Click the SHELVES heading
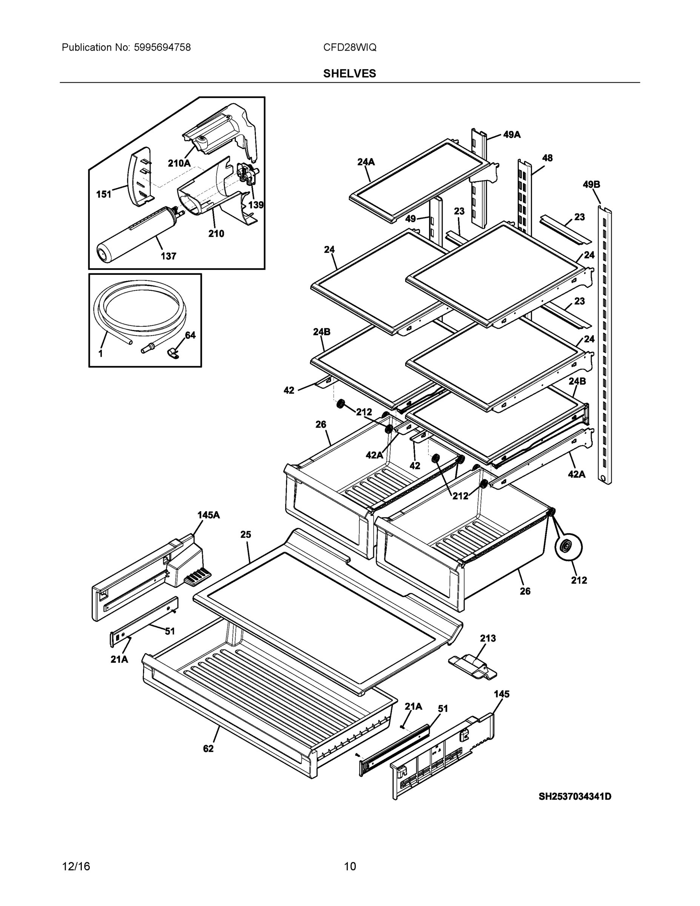click(349, 74)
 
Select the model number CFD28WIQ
click(349, 47)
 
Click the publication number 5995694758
click(162, 47)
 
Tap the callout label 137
click(168, 256)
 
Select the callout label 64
click(190, 335)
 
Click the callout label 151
click(104, 194)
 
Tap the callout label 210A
click(179, 163)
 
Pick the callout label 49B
click(591, 184)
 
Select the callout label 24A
click(366, 162)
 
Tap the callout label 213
click(488, 638)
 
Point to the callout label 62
click(208, 748)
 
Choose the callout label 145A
click(208, 515)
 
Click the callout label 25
click(246, 534)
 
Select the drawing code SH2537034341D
click(575, 796)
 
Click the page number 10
click(350, 866)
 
